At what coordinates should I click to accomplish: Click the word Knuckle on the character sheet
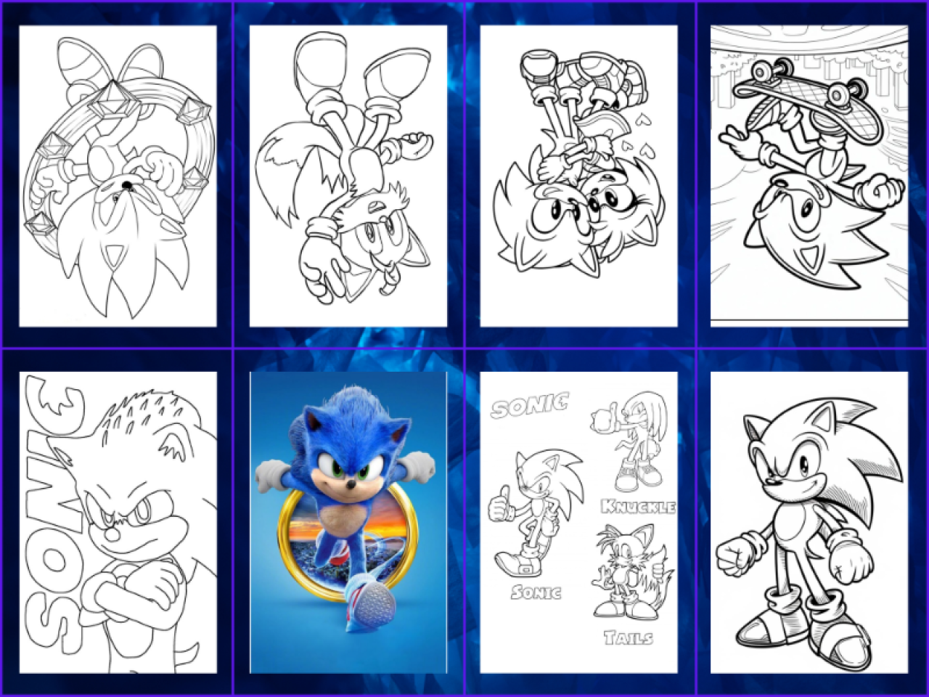coord(638,507)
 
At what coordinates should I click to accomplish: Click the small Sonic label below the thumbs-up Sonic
coord(536,592)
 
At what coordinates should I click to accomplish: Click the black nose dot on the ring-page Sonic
coord(126,184)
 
